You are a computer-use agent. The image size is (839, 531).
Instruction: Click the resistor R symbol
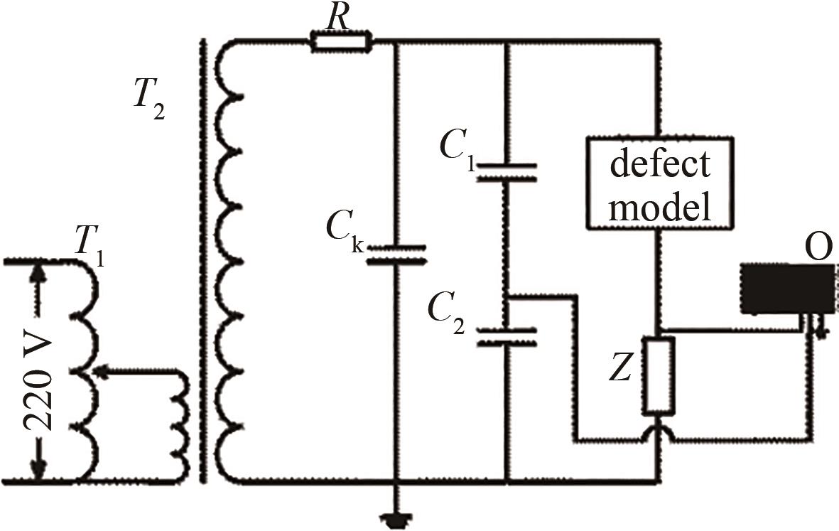(x=342, y=42)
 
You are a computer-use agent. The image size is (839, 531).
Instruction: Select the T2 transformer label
(x=148, y=103)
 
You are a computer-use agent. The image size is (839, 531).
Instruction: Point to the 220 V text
(x=38, y=384)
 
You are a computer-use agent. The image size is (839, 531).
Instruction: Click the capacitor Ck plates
(x=396, y=254)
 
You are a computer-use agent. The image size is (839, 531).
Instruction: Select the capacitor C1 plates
(x=507, y=172)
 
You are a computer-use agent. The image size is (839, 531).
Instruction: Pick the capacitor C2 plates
(x=507, y=337)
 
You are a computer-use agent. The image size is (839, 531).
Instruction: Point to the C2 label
(x=448, y=316)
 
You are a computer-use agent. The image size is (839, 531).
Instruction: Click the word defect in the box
(x=660, y=163)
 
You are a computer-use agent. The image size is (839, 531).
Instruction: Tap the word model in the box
(x=660, y=207)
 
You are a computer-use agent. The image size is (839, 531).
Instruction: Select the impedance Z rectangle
(x=658, y=376)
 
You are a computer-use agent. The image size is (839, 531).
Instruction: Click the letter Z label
(x=621, y=370)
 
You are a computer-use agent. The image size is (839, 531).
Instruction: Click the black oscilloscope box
(x=787, y=289)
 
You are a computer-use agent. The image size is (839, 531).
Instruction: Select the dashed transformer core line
(x=203, y=261)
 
